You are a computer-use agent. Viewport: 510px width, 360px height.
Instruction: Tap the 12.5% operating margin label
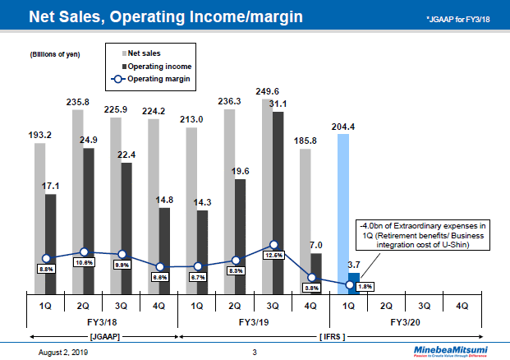coord(274,255)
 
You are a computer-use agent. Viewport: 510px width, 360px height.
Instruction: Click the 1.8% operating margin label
coord(366,286)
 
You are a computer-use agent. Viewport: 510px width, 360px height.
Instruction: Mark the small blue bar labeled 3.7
coord(354,284)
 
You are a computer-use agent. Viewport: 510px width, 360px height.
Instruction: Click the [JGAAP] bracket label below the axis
coord(103,337)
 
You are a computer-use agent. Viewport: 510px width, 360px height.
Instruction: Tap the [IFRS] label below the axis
coord(329,337)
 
